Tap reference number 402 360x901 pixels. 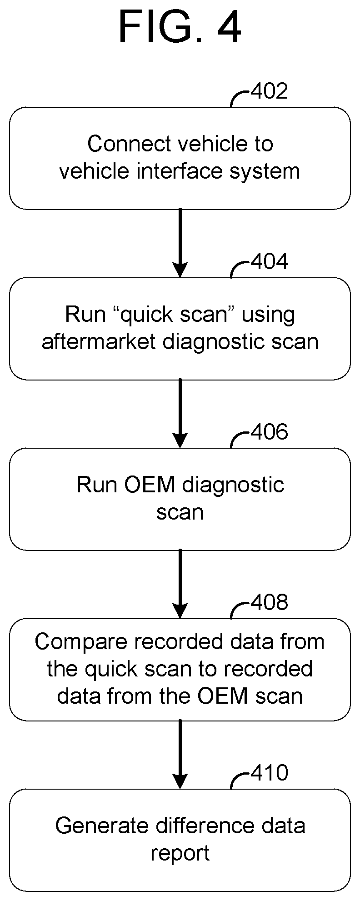coord(269,91)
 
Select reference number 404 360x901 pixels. coord(269,262)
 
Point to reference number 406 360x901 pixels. coord(269,432)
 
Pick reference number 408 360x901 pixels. coord(269,602)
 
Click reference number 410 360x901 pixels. coord(269,773)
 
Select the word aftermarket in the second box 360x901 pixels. coord(99,342)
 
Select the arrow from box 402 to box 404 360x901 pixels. coord(180,243)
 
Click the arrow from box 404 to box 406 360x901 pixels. coord(180,413)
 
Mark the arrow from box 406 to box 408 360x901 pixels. coord(180,584)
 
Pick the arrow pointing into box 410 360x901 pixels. coord(180,754)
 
